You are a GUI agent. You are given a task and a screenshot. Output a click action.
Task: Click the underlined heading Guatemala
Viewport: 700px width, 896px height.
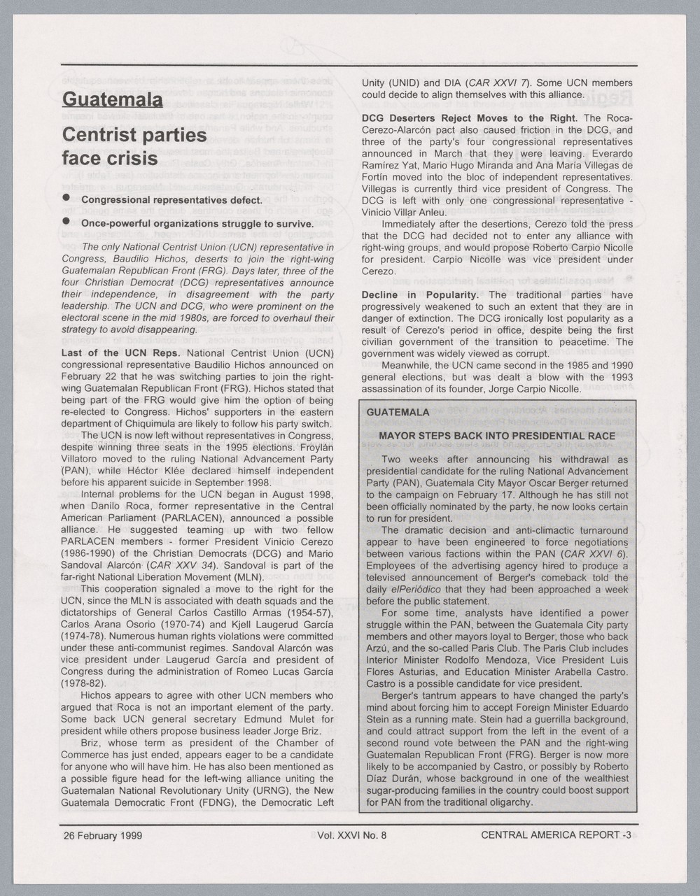click(x=112, y=99)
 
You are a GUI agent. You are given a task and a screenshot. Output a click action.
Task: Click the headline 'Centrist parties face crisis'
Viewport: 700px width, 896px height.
click(x=134, y=146)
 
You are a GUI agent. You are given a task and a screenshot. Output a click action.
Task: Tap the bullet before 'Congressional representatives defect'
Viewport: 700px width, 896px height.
click(x=66, y=199)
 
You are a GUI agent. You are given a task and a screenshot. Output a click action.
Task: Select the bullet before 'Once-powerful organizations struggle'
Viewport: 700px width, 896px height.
click(x=66, y=222)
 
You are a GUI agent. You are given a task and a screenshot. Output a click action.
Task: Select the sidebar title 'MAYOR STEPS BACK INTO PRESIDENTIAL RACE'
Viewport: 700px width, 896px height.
click(x=496, y=436)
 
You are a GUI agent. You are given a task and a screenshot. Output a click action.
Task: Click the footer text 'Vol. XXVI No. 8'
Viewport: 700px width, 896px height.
click(x=351, y=834)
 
